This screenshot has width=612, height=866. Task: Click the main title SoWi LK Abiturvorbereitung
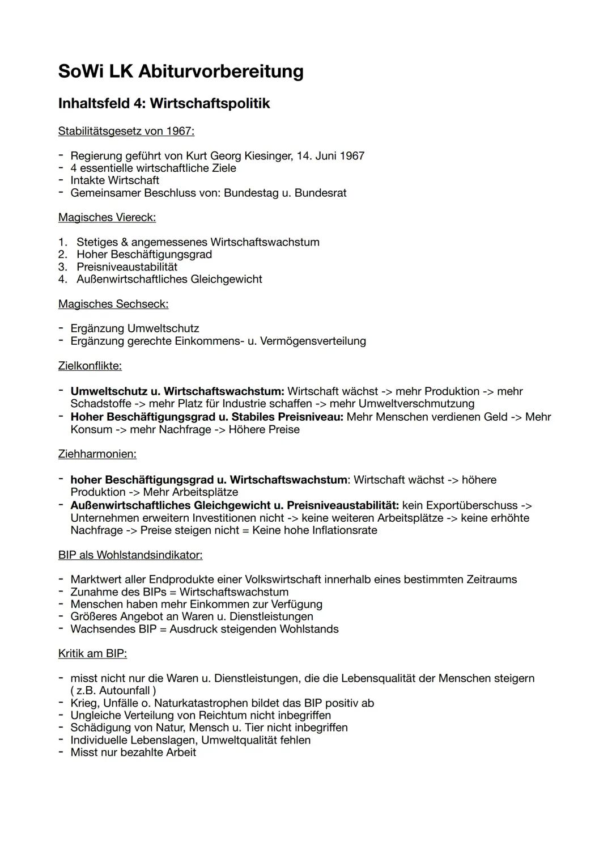[x=181, y=71]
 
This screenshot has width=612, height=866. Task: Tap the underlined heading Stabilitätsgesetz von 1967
[x=126, y=131]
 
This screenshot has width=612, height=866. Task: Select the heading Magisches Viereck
[x=107, y=217]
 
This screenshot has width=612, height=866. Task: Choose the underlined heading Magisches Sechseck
[x=113, y=304]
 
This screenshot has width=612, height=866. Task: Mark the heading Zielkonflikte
[x=90, y=366]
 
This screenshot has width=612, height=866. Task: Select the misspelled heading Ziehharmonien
[x=97, y=454]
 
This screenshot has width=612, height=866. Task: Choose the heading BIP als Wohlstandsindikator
[x=130, y=555]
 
